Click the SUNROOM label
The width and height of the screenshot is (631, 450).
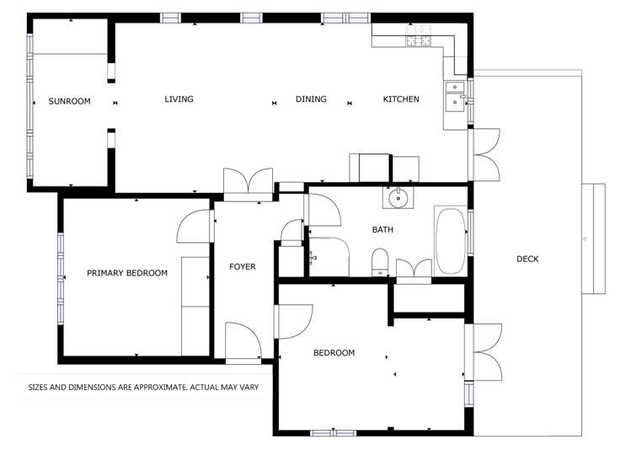coord(69,101)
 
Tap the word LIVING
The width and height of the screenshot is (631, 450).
coord(179,99)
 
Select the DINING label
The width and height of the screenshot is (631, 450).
coord(311,99)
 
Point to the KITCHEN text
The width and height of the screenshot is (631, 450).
coord(401,99)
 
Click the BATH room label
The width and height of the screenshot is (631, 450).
coord(382,229)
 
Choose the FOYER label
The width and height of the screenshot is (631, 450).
coord(242,267)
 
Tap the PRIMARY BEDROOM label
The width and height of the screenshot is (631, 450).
coord(127,273)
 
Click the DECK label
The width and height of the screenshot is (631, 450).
coord(527,259)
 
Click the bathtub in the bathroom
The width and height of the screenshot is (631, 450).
coord(450,240)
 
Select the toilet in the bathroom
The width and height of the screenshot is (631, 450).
coord(380,262)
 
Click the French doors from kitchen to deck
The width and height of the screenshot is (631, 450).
coord(484,153)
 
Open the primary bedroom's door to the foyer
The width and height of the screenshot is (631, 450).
coord(195,227)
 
